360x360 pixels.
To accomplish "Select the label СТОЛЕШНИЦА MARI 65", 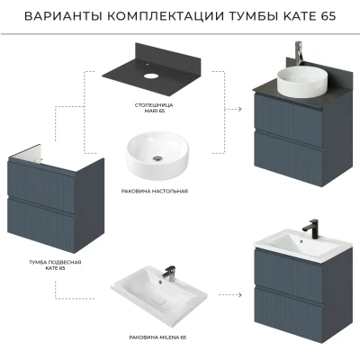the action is tap(154, 108).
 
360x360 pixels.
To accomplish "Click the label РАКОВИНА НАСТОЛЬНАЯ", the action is tap(155, 191).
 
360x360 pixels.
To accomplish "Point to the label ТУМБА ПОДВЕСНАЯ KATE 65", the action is tap(55, 265).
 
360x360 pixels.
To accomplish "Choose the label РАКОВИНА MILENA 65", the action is tap(157, 337).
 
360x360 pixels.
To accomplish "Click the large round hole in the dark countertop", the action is tap(151, 75).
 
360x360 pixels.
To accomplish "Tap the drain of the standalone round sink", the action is tap(157, 158).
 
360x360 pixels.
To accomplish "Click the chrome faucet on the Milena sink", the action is tap(169, 274).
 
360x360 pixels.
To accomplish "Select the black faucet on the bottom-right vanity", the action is tap(310, 229).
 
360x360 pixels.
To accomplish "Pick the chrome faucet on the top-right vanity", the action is tap(298, 53).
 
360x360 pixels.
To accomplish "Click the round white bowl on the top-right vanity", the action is tap(301, 81).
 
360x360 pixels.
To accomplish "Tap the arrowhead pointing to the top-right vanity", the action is tap(239, 109).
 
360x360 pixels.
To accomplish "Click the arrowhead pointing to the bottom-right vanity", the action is tap(239, 295).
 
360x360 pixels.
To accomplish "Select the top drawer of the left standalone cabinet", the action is tap(42, 187).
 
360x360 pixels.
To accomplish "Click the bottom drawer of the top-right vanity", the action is tap(288, 155).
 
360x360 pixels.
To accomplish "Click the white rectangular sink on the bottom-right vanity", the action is tap(303, 244).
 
